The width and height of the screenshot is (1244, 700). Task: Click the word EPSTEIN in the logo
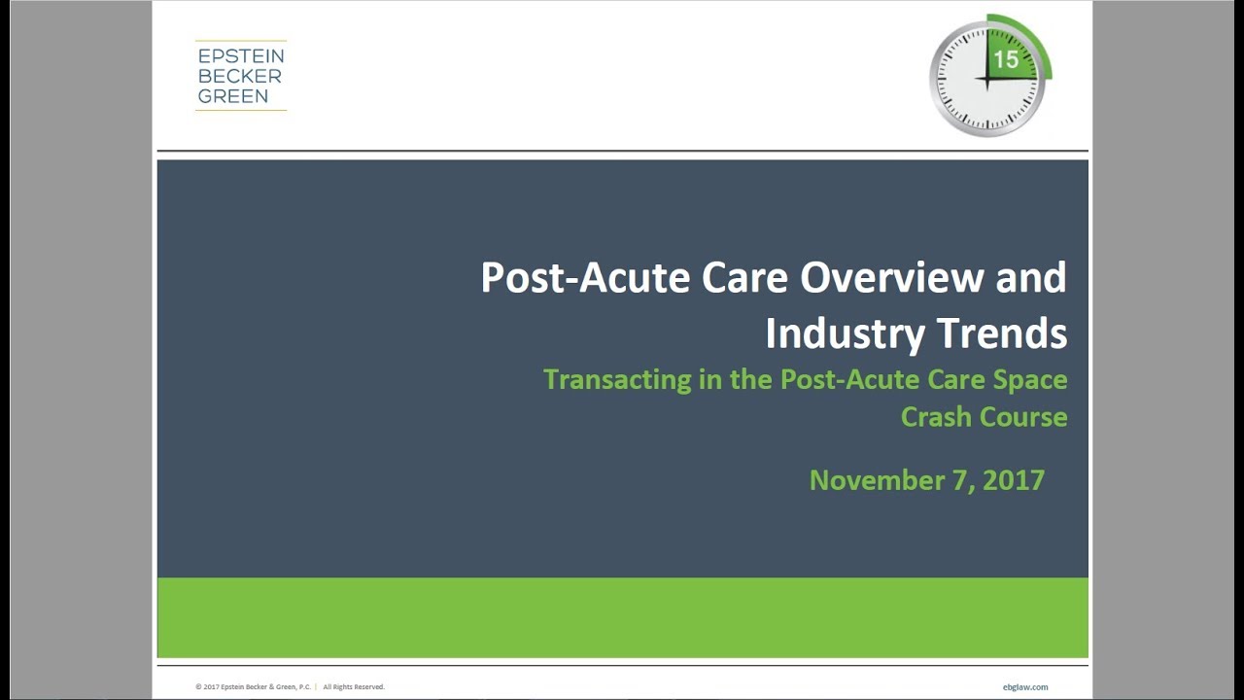(241, 56)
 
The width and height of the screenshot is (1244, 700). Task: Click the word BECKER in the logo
(240, 76)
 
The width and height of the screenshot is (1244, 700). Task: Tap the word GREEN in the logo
(233, 96)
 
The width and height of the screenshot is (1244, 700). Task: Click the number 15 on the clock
(1006, 59)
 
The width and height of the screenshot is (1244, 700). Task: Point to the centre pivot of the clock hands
(986, 79)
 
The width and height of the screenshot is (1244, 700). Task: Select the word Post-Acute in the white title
(585, 277)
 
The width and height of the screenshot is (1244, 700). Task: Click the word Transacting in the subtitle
(617, 380)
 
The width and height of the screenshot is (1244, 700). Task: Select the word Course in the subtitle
(1023, 417)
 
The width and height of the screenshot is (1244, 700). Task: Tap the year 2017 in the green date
(1014, 480)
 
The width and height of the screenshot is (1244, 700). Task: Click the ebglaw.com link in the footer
(1025, 687)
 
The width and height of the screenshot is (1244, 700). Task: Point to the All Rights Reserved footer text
(354, 687)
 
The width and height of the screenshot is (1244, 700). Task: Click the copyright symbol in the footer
(198, 687)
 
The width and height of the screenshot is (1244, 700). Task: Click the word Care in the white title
(744, 277)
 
